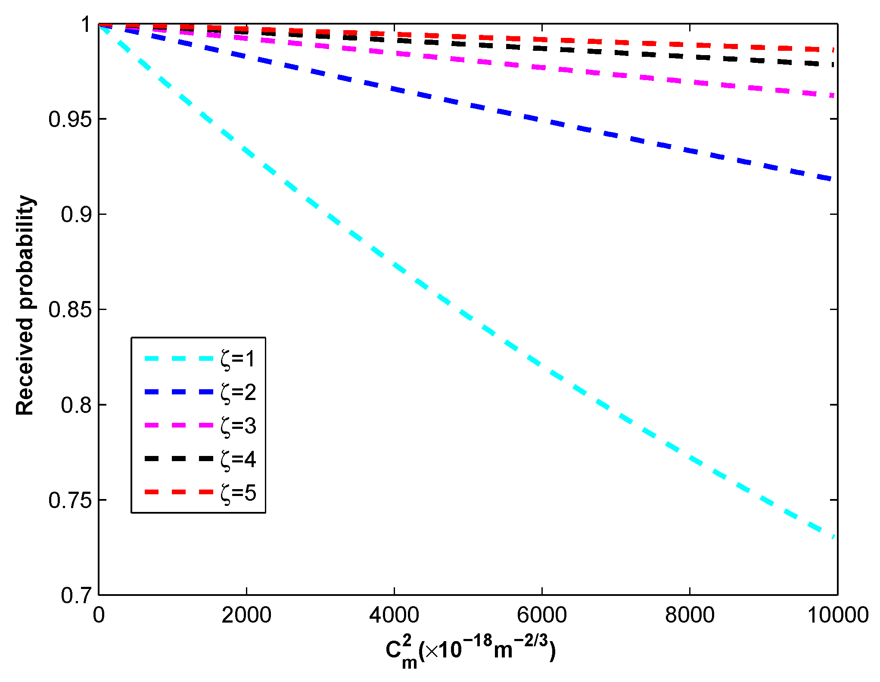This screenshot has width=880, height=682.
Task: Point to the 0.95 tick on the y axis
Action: point(70,119)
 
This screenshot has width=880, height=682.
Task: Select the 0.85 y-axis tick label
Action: point(70,310)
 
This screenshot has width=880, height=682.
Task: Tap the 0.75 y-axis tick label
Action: point(70,500)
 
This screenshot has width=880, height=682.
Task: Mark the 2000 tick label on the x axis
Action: point(246,615)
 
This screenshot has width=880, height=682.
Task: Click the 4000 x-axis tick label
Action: point(394,615)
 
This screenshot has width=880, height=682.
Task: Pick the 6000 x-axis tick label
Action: point(542,615)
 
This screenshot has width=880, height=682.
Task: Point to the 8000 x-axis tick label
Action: point(690,615)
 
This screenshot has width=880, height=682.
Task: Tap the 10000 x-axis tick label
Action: point(837,615)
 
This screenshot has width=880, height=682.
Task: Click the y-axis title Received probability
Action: point(25,306)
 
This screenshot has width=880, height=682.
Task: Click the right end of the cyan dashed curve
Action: point(834,536)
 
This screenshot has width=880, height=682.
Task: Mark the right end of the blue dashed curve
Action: point(834,180)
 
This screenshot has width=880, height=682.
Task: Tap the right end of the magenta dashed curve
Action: point(834,95)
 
